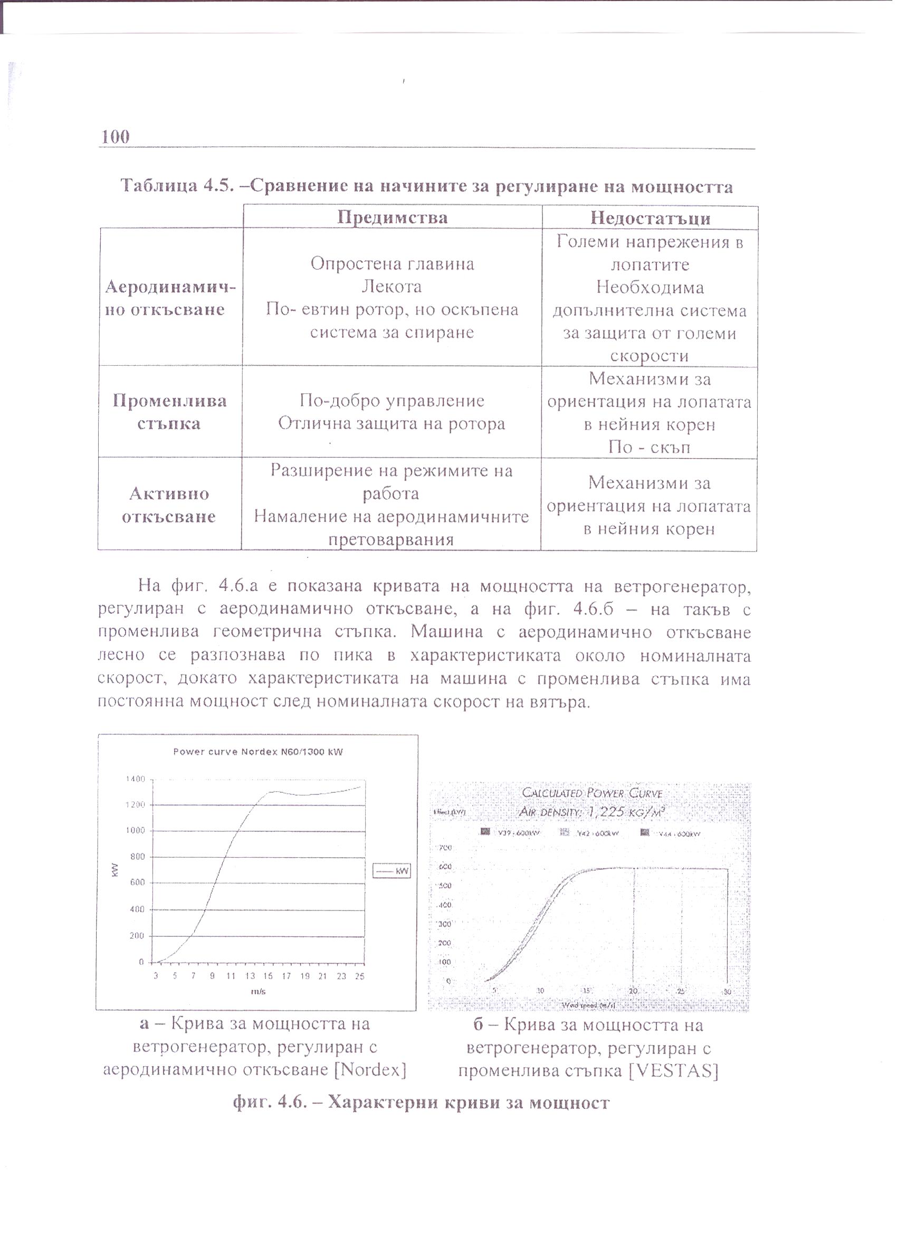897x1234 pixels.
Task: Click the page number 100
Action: (116, 136)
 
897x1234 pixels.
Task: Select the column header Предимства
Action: (392, 217)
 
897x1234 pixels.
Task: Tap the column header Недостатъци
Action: (650, 218)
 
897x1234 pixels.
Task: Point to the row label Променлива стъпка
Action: (169, 412)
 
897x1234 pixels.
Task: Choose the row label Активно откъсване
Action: (169, 505)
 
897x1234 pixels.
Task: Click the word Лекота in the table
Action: (392, 286)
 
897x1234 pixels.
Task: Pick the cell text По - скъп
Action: (649, 447)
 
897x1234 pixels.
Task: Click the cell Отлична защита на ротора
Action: (392, 423)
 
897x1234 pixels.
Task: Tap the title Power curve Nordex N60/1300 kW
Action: (258, 752)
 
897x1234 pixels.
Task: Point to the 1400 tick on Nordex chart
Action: (136, 779)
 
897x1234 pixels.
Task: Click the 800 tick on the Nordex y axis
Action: (138, 857)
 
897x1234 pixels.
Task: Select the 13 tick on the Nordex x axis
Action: (250, 976)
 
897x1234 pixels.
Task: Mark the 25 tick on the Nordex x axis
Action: (359, 976)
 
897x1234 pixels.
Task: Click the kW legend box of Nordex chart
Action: (391, 871)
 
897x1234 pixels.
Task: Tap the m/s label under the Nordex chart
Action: (258, 991)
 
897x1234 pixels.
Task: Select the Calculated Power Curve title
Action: (592, 793)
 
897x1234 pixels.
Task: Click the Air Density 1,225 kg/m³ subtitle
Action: (592, 812)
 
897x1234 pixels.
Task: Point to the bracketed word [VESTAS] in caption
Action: (674, 1071)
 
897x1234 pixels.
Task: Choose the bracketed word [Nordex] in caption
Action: (370, 1070)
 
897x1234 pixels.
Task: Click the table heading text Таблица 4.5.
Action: (177, 186)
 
